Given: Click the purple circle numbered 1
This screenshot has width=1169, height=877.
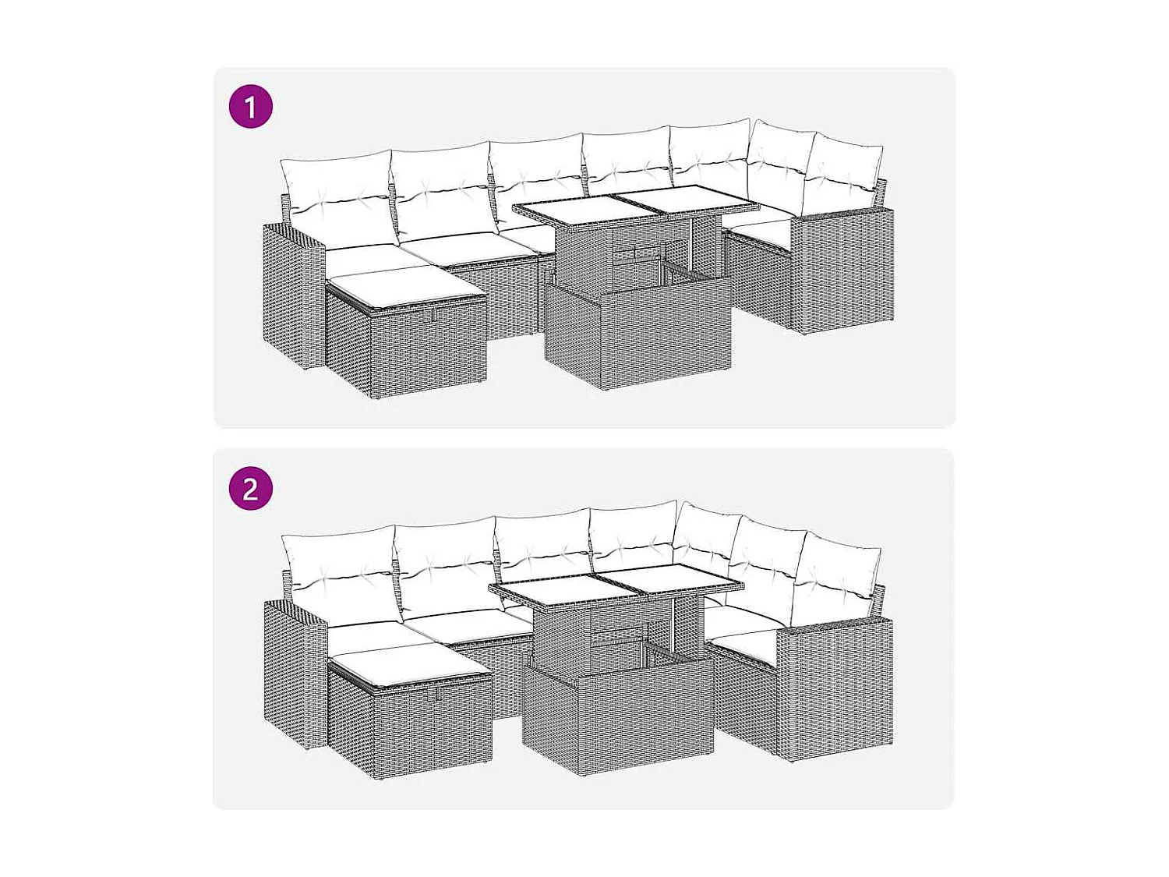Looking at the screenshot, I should tap(250, 107).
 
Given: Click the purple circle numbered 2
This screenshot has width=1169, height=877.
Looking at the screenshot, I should tap(250, 489).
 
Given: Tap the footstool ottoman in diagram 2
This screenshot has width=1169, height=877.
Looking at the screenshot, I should tap(410, 721).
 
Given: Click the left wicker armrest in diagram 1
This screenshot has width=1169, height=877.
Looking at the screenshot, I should tap(292, 296).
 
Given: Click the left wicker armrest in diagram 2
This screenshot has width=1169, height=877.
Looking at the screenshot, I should tap(295, 674).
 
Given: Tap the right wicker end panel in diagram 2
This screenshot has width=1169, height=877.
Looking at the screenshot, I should tap(834, 686).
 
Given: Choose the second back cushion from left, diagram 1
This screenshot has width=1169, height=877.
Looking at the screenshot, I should tap(441, 187).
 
